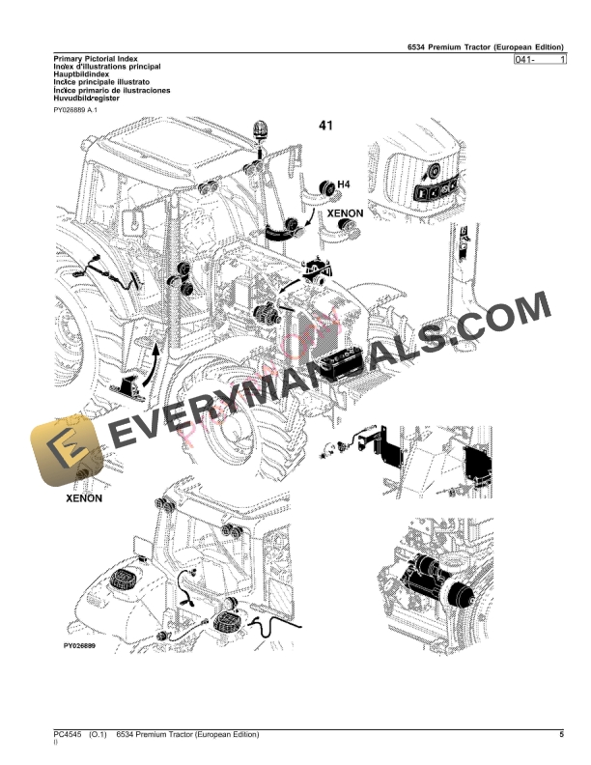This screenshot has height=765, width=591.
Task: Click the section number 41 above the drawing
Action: [325, 126]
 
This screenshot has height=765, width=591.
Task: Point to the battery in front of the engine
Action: [342, 365]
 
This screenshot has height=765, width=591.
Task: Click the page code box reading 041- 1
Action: [541, 60]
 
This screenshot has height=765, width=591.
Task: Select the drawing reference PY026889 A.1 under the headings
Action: [76, 111]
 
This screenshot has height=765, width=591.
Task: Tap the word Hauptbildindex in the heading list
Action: [82, 76]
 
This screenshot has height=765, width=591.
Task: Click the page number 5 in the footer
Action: [560, 736]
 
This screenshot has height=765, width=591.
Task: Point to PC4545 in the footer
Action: [69, 736]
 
